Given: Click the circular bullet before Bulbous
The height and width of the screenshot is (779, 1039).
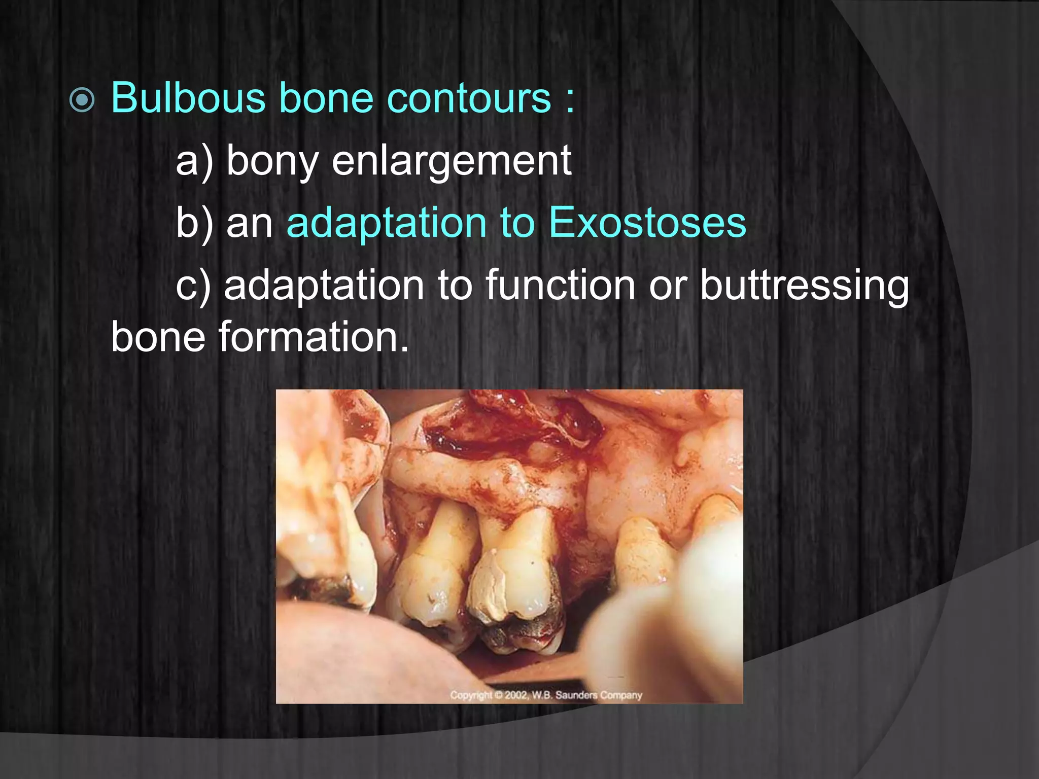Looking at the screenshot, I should pyautogui.click(x=82, y=99).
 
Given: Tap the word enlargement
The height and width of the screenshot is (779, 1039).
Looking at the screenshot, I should pyautogui.click(x=452, y=161).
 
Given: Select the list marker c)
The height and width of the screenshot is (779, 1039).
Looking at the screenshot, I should pyautogui.click(x=193, y=286).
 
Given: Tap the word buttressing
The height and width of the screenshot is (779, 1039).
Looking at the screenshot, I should pyautogui.click(x=805, y=286).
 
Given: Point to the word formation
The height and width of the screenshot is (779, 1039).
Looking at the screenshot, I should pyautogui.click(x=313, y=337).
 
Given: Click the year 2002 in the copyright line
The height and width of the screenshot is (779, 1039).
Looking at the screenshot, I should pyautogui.click(x=516, y=695).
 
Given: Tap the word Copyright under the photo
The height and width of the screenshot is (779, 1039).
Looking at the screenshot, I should pyautogui.click(x=471, y=695).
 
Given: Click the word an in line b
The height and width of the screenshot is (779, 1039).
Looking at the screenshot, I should pyautogui.click(x=249, y=223).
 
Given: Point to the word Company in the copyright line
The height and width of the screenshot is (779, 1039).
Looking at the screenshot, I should pyautogui.click(x=621, y=695).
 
